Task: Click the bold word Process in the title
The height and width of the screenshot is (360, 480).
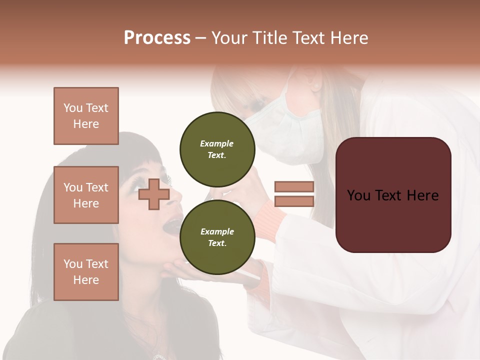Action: (x=157, y=38)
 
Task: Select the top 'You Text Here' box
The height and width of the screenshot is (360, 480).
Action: (x=86, y=116)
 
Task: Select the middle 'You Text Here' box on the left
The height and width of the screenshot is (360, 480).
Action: (x=86, y=195)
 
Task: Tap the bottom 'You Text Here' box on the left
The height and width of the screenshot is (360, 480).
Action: (x=86, y=271)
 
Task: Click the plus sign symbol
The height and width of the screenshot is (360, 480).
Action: (x=154, y=194)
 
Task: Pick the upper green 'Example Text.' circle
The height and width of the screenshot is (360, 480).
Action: (x=217, y=149)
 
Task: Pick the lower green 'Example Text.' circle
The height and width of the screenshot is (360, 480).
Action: (x=217, y=237)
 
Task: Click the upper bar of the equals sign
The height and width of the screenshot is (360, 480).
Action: (x=294, y=187)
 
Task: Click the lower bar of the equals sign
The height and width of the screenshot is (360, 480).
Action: (x=294, y=201)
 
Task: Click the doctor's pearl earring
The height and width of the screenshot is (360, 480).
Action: (x=316, y=86)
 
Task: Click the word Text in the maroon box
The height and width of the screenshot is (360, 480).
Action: (x=392, y=195)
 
